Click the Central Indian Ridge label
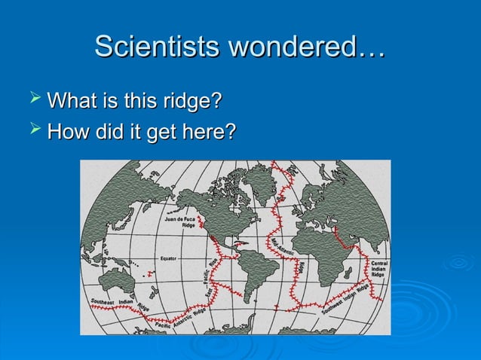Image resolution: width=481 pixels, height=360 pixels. tap(379, 268)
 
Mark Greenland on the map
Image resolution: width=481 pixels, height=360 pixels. tap(260, 181)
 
